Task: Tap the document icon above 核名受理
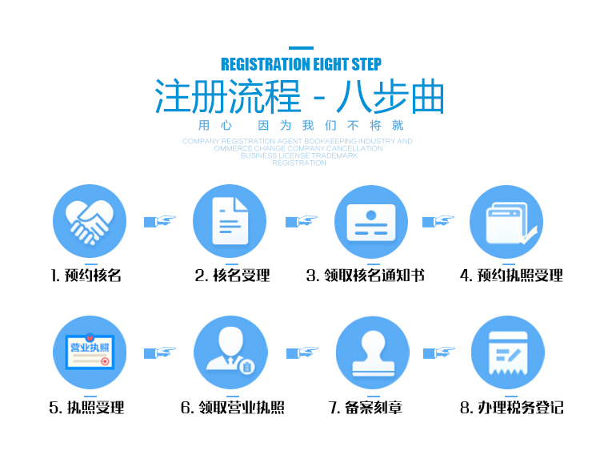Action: point(230,221)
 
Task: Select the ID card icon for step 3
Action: point(371,221)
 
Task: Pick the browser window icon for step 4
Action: point(506,221)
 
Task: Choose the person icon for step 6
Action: point(230,353)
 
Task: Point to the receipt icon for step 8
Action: point(507,353)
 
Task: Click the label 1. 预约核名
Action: point(86,276)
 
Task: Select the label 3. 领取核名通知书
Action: point(365,276)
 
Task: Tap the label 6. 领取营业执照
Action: point(232,408)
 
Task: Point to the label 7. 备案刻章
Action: point(366,408)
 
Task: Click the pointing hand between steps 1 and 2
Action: point(159,221)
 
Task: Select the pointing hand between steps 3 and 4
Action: point(438,221)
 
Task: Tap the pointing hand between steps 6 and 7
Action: point(302,352)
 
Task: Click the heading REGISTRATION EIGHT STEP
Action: point(301,64)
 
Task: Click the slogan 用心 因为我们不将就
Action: point(301,126)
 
